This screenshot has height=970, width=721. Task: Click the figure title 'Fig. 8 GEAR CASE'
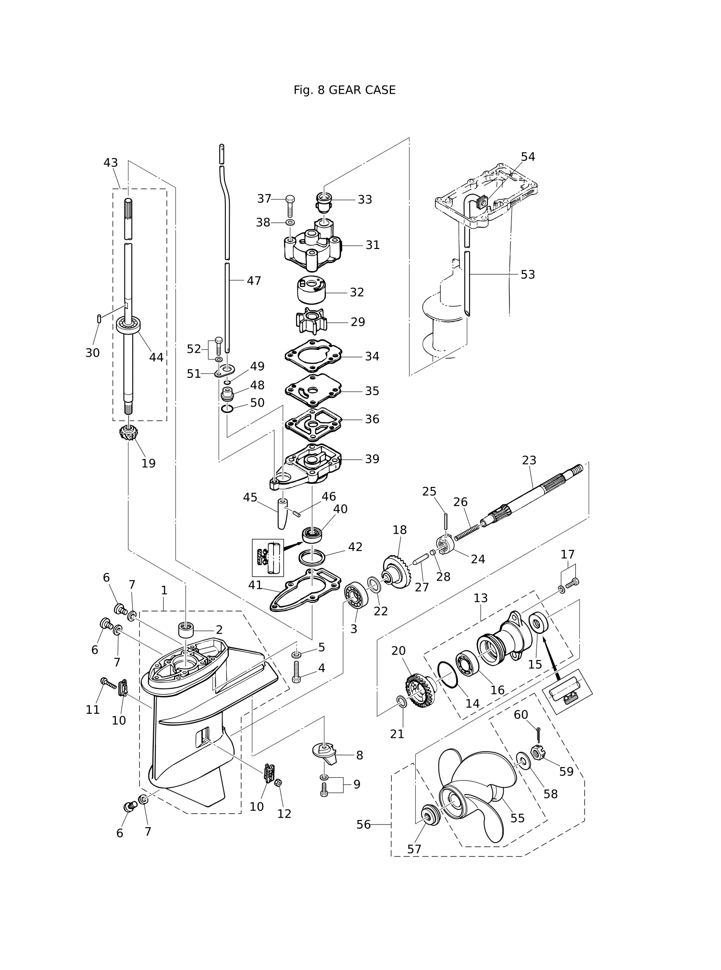(344, 90)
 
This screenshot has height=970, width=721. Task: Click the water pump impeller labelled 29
(311, 321)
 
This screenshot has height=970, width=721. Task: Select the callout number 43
(111, 163)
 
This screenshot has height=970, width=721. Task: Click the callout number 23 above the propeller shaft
(529, 460)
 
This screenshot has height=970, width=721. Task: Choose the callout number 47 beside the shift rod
(254, 281)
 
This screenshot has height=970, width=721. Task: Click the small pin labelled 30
(98, 318)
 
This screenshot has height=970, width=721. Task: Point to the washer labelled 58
(522, 761)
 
